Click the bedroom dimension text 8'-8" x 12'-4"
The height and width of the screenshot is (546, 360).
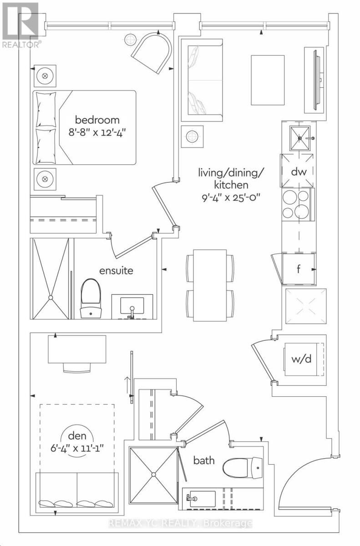coord(97,133)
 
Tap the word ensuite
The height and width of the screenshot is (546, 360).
coord(116,271)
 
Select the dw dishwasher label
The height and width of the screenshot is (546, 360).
coord(299,172)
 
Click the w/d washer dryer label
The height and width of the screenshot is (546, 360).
coord(301,359)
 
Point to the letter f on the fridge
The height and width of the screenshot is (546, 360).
coord(299,269)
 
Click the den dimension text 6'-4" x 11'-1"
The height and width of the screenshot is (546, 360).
coord(77,448)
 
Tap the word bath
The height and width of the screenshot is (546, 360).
coord(204,460)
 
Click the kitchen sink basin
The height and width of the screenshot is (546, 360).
coord(300,138)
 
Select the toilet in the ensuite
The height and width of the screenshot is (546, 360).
coord(91,298)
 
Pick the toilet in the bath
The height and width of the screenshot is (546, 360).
coord(243,468)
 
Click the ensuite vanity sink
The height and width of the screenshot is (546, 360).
coord(132,306)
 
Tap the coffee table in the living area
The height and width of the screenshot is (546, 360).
coord(268,80)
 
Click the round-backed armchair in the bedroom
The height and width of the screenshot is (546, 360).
coord(152,53)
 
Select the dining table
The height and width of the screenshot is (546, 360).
coord(210,285)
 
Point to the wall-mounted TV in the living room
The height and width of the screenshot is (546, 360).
coord(317,80)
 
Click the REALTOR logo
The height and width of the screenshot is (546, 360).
coord(20,25)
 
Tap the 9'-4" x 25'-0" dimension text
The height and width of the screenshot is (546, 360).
coord(229,197)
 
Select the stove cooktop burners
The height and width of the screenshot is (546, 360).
coord(296,204)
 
